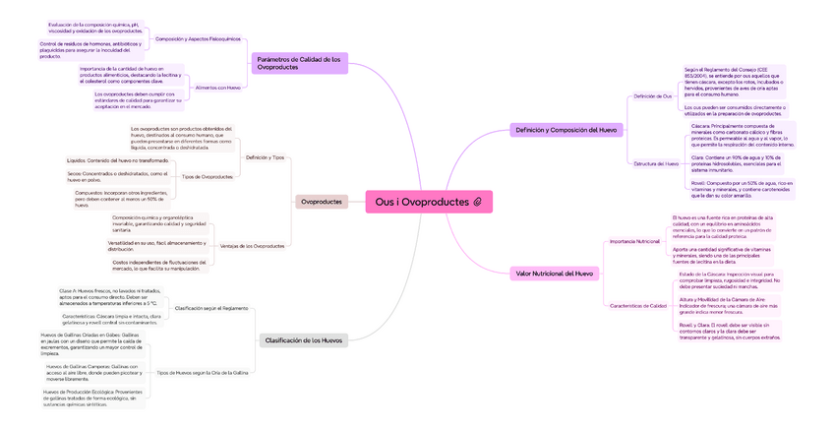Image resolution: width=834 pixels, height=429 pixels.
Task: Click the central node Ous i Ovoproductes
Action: coord(421,202)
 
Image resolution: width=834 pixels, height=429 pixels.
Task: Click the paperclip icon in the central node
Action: coord(477,202)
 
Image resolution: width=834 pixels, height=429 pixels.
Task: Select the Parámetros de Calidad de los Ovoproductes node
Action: coord(299,63)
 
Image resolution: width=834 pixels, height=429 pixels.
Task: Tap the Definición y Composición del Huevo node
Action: coord(566,130)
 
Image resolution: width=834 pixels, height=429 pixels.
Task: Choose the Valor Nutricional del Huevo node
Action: coord(554,273)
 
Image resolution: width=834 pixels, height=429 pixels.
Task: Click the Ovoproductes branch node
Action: coord(322,202)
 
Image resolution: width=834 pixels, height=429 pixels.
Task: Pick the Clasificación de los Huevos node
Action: coord(303,340)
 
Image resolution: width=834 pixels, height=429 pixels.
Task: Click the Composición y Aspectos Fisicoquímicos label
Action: coord(198,38)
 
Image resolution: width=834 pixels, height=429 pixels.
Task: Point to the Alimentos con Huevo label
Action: coord(218,88)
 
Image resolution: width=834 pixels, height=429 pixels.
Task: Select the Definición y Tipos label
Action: coord(265,157)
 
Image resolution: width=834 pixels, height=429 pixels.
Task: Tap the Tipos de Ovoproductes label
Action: coord(208,176)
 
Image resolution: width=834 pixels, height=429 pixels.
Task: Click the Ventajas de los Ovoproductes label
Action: coord(252,246)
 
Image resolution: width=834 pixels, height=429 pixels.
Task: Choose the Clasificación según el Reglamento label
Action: coord(210,308)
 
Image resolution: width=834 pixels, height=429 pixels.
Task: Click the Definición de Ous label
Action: coord(652,96)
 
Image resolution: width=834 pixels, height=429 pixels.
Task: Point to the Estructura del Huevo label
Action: coord(656,163)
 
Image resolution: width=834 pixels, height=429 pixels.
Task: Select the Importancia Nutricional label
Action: coord(634,241)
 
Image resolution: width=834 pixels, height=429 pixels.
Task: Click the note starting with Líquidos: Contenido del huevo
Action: coord(119,159)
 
